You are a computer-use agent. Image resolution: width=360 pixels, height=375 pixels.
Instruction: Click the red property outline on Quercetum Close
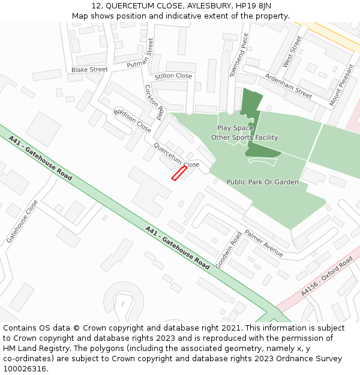tap(179, 173)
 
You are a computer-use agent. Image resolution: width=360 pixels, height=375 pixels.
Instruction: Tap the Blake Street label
tap(89, 70)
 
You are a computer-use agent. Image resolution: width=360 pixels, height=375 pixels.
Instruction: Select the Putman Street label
tap(141, 56)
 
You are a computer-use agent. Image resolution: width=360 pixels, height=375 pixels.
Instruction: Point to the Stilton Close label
tap(173, 76)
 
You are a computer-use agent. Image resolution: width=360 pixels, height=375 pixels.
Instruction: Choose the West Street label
tap(292, 51)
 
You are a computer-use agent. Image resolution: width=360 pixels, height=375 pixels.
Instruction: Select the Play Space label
tap(235, 128)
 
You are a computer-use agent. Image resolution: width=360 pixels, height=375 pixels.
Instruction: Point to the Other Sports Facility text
tap(244, 137)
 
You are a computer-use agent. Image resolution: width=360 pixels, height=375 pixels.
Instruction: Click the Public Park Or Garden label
tap(262, 182)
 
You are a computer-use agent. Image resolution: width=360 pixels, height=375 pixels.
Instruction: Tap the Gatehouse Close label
tap(22, 221)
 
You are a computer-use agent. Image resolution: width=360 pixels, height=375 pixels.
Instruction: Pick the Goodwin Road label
tap(229, 249)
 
